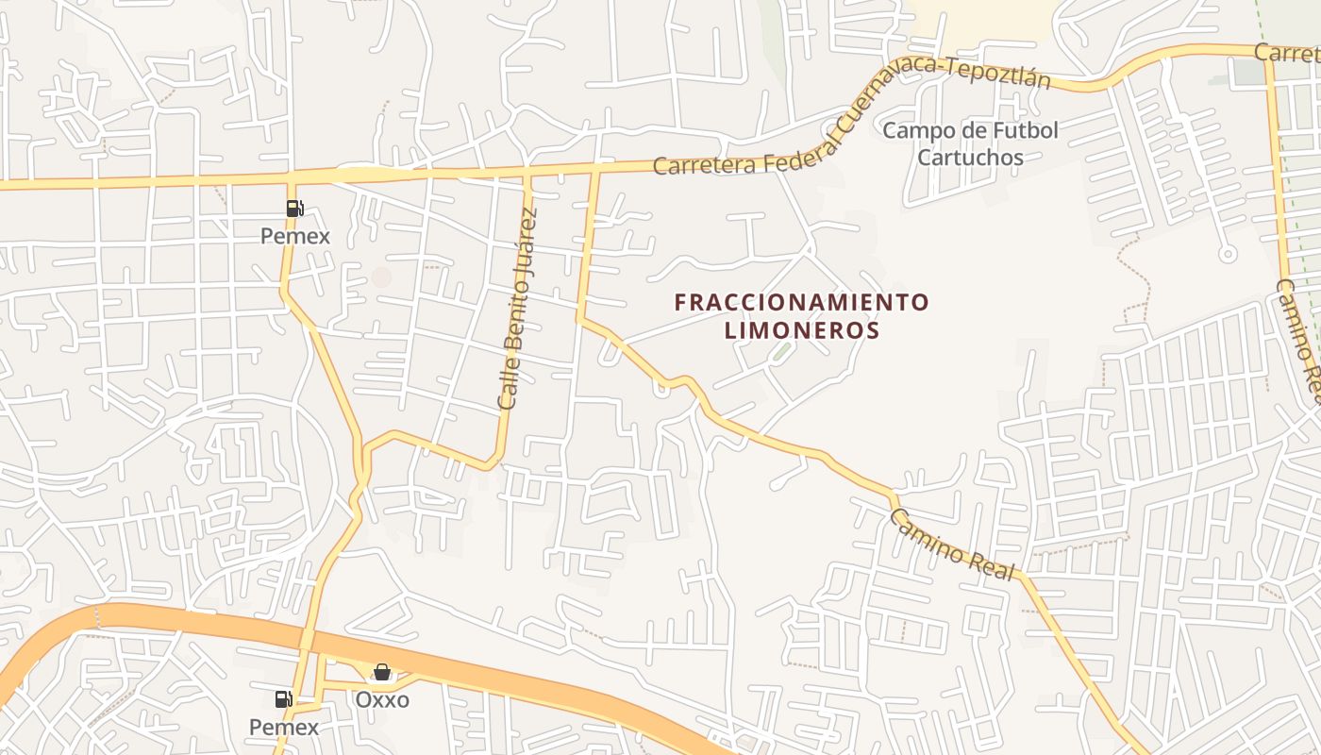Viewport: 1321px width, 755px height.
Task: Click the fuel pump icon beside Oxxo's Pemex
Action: (x=283, y=699)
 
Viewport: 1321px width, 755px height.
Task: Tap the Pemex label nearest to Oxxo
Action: (x=284, y=728)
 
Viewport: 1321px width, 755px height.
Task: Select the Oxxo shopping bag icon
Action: (x=382, y=672)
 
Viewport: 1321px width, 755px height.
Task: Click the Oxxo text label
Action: (x=382, y=700)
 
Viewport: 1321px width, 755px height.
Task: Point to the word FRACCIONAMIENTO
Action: (x=802, y=303)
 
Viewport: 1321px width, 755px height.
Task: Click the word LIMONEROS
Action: (x=802, y=331)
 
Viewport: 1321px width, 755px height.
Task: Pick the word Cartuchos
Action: (x=970, y=158)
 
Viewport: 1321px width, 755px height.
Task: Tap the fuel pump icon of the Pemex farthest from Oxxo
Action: (x=294, y=209)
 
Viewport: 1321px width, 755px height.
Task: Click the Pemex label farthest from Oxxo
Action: (x=295, y=236)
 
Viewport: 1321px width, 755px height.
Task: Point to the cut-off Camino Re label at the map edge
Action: (x=1298, y=330)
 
